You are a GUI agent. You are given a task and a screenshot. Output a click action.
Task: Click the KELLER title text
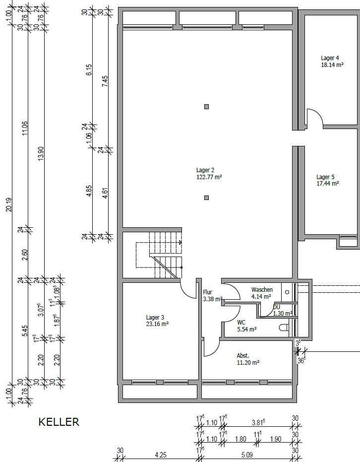point(59,422)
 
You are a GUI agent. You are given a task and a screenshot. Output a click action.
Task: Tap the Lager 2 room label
point(205,170)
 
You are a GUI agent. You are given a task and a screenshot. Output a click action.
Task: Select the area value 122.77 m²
point(209,177)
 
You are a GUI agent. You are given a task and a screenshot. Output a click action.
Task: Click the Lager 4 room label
point(330,58)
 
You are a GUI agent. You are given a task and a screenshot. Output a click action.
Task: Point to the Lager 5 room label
point(326,177)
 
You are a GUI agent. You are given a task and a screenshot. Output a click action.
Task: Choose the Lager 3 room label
point(155,317)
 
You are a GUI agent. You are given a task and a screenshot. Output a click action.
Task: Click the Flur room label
point(208,292)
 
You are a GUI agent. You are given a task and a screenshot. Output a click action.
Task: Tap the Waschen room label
point(262,290)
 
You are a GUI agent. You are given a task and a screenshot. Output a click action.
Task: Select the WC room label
point(241,323)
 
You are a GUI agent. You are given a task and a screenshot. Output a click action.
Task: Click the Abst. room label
point(243,356)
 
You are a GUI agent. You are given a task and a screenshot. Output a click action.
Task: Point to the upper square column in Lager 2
point(207,107)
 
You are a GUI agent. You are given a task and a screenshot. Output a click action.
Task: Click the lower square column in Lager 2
point(207,198)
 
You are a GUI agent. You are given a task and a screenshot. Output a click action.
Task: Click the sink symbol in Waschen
point(287,292)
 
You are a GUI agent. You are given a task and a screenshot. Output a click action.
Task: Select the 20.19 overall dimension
point(9,204)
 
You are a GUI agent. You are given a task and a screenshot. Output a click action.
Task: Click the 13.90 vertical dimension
point(41,153)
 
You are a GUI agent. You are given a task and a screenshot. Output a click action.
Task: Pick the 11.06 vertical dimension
point(25,128)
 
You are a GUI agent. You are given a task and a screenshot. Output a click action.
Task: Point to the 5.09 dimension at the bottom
point(247,455)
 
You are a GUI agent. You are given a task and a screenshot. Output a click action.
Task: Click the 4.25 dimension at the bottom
point(161,455)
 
